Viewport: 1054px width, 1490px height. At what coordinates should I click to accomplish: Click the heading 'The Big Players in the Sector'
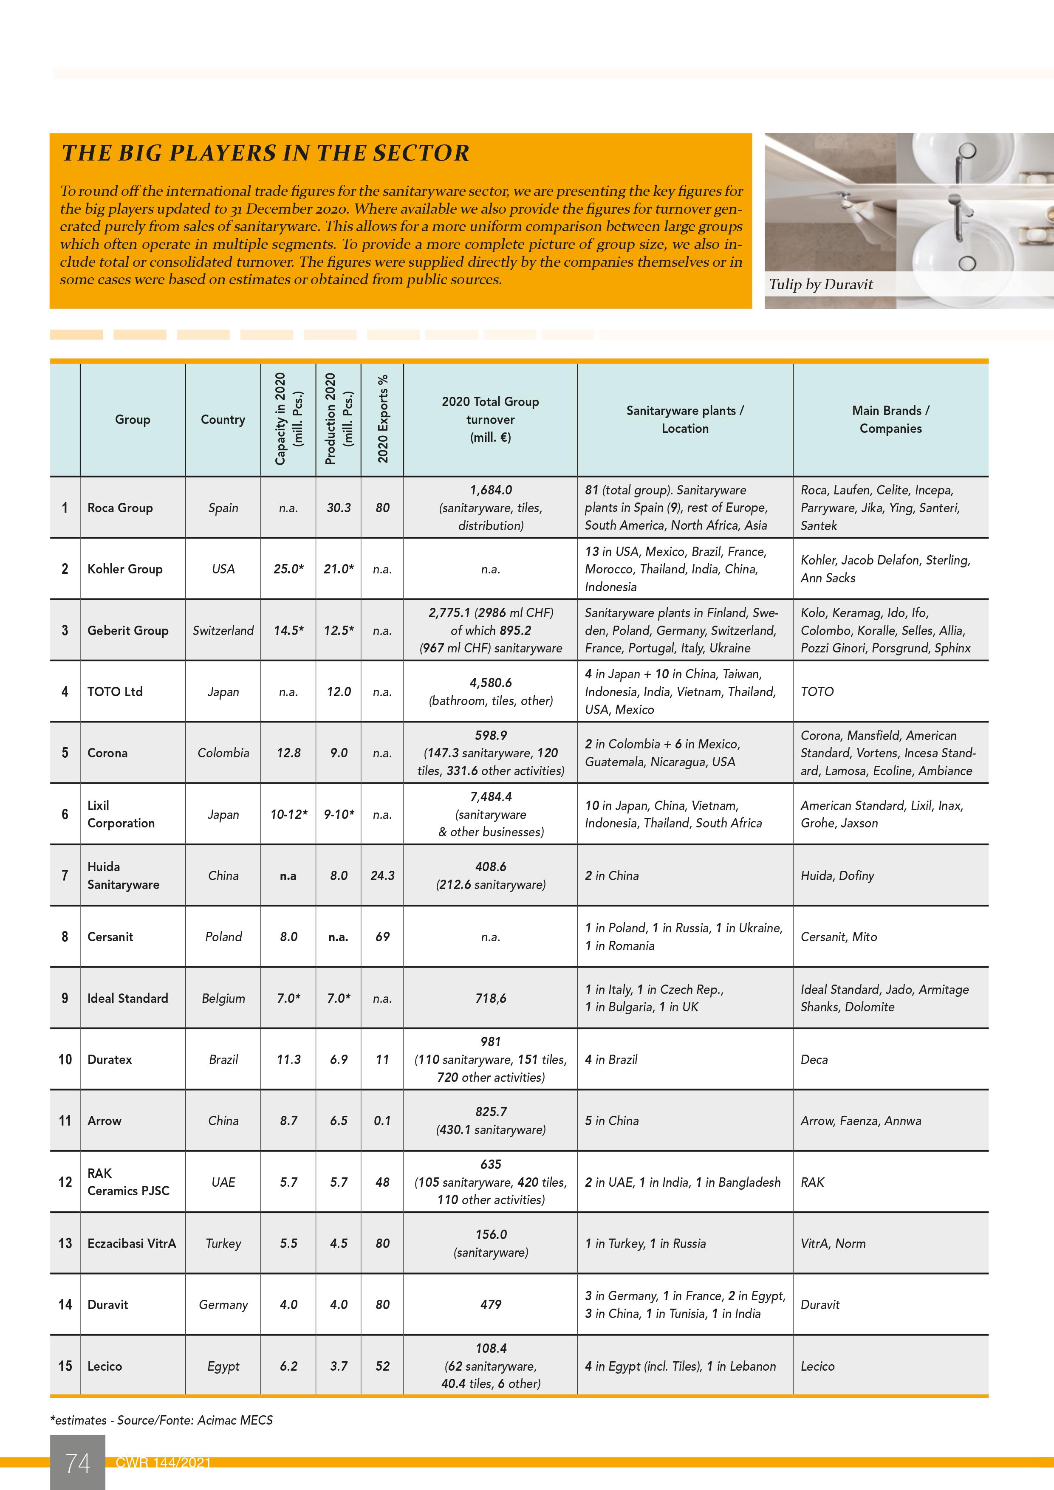click(x=266, y=153)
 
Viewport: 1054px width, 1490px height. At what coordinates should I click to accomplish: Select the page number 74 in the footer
click(x=77, y=1463)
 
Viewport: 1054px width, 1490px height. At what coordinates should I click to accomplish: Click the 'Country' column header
click(x=223, y=420)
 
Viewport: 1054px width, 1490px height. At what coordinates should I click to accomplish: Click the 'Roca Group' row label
click(x=120, y=508)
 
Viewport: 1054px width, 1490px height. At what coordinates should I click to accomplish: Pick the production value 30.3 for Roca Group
click(x=338, y=508)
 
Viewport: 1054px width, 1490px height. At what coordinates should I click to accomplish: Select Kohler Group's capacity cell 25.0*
click(x=288, y=569)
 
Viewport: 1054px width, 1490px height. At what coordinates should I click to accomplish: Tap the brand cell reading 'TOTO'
click(x=817, y=692)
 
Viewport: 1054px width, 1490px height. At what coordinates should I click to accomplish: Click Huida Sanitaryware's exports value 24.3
click(x=382, y=875)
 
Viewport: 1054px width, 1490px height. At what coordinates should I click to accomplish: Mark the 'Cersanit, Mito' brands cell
click(x=839, y=937)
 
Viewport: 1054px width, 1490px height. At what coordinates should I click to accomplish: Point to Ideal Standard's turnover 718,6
click(x=491, y=998)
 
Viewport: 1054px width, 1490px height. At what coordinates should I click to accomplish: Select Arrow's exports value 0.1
click(x=382, y=1121)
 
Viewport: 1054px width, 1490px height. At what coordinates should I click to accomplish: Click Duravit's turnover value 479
click(x=491, y=1304)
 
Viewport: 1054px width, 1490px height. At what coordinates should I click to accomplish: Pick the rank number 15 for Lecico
click(x=65, y=1366)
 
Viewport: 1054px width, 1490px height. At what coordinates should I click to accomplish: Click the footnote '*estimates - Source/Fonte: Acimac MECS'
click(x=161, y=1420)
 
